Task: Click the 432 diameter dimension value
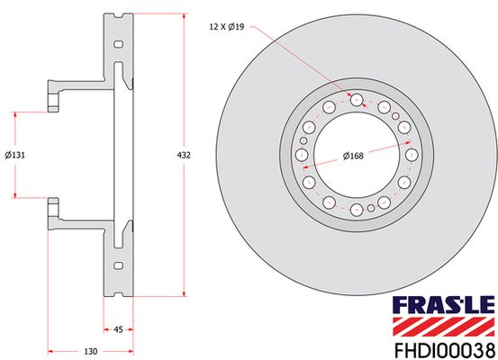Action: pos(184,155)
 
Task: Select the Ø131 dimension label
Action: pos(15,155)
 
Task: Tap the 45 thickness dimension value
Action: pos(118,329)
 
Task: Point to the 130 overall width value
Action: pos(91,351)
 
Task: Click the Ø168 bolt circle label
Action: pos(353,156)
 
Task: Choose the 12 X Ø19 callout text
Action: pos(227,27)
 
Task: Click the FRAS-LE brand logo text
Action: pos(444,306)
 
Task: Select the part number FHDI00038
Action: pos(444,350)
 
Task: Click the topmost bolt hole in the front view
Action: pos(357,100)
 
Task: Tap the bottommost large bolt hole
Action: pos(357,210)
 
